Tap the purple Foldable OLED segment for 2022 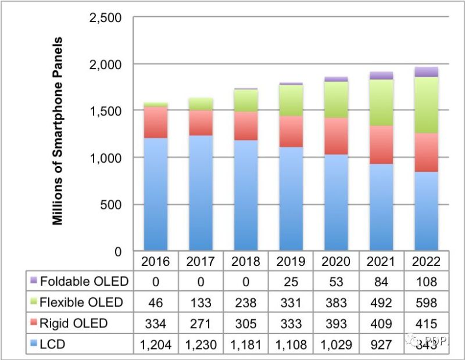427,71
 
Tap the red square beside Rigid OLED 34,323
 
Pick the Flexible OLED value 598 427,303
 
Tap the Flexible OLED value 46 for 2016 156,303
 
